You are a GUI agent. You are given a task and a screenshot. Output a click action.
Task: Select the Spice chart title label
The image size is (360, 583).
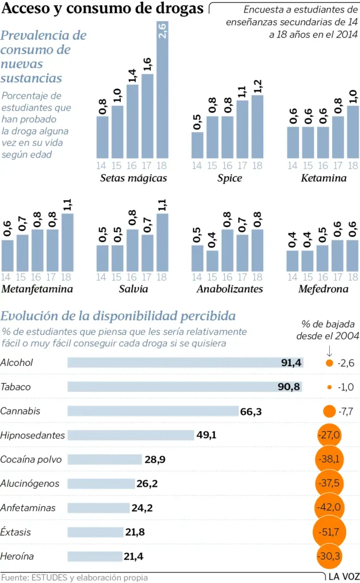pos(230,178)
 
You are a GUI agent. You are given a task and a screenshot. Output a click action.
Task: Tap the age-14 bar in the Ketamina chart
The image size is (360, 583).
pos(293,142)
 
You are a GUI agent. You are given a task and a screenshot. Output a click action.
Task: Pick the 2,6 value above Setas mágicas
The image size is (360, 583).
pos(162,32)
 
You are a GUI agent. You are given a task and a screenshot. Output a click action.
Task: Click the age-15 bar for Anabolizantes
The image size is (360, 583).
pos(212,261)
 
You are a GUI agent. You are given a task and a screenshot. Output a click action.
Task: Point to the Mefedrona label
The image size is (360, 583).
pos(323,289)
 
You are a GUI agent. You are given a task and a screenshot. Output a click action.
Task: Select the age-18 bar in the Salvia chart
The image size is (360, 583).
pos(162,243)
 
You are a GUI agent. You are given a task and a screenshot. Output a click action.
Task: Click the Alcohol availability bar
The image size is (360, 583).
pos(185,363)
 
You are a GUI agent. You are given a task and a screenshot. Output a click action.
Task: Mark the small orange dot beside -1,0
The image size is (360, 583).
pos(329,387)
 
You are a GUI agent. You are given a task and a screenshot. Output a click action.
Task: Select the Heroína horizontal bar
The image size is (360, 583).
pos(95,556)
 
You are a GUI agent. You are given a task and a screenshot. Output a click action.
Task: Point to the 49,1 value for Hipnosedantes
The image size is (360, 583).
pos(206,435)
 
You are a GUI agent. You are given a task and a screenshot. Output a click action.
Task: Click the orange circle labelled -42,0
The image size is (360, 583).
pos(330,507)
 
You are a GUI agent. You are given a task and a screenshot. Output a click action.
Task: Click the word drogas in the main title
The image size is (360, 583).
pos(174,9)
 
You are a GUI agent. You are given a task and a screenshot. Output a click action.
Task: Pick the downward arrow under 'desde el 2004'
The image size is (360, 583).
pos(329,349)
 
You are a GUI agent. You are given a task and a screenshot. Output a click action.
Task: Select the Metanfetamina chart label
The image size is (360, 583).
pos(38,289)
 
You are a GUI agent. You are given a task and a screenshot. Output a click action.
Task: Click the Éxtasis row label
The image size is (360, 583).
pos(16,532)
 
